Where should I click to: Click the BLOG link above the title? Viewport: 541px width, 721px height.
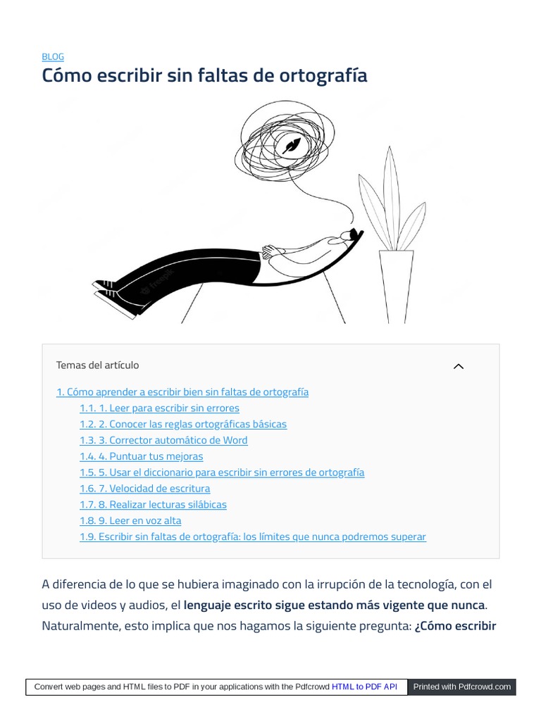click(x=53, y=57)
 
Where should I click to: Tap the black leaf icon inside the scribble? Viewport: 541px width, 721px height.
click(x=290, y=146)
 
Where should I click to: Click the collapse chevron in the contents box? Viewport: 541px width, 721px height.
click(x=459, y=366)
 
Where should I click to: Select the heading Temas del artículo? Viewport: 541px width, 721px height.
click(x=97, y=365)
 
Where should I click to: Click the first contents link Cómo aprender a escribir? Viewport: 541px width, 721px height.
click(x=182, y=392)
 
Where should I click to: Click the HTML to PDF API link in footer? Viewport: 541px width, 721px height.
click(x=364, y=686)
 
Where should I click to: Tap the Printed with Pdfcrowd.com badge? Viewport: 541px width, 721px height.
click(x=462, y=686)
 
